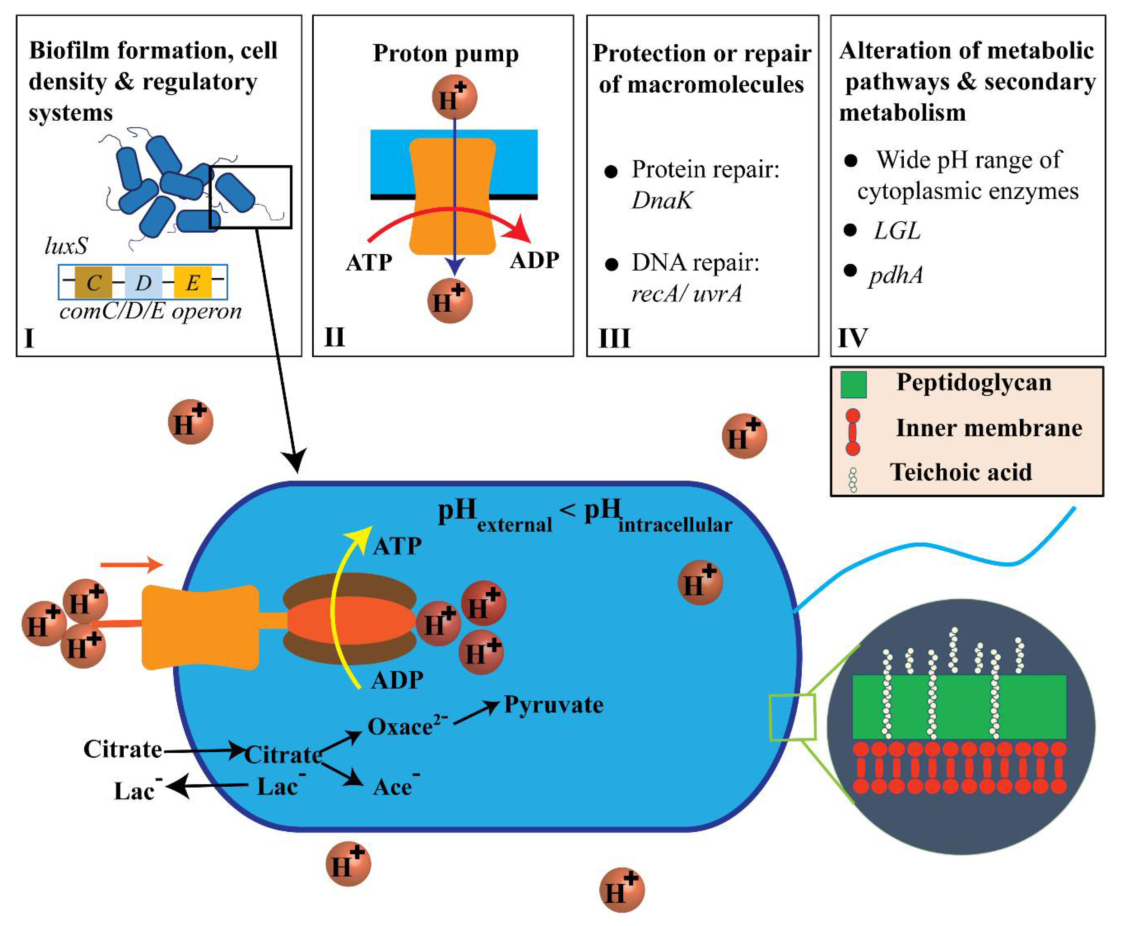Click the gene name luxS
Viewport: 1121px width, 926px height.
[x=66, y=246]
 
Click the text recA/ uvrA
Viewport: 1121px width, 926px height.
[x=686, y=293]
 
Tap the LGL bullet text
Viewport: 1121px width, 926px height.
[x=897, y=231]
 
